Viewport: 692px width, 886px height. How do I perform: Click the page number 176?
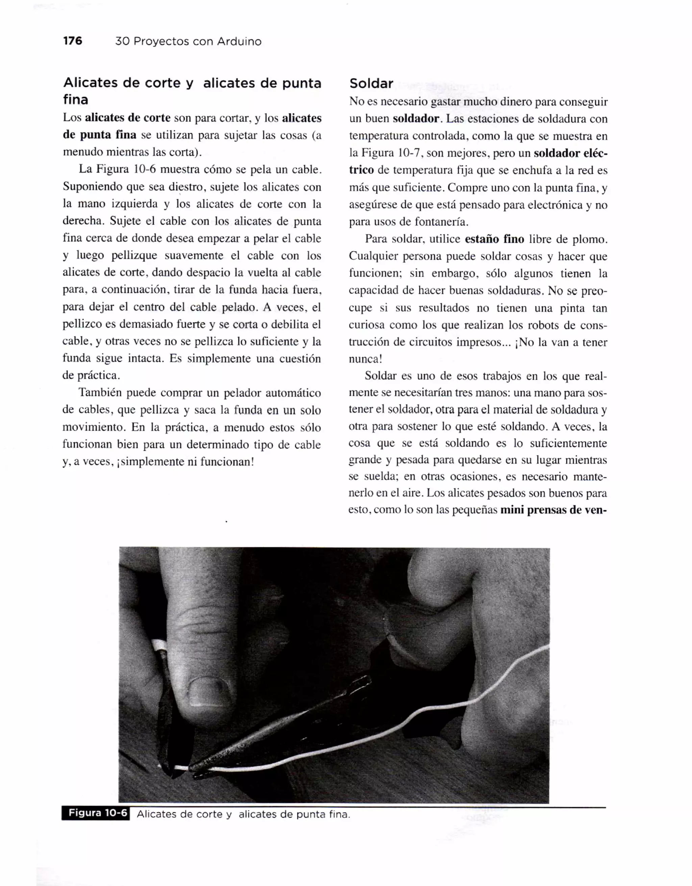coord(73,41)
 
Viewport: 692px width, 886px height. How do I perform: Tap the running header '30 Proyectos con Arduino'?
coord(188,41)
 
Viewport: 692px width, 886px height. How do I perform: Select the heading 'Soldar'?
coord(371,83)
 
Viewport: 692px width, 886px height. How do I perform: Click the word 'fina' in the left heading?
coord(75,99)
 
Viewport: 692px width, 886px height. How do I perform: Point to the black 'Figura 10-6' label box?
coord(96,813)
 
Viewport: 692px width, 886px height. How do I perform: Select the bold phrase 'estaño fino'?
coord(494,239)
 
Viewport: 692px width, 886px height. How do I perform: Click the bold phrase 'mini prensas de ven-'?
coord(553,510)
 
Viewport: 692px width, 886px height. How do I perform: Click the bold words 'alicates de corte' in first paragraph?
coord(128,118)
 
